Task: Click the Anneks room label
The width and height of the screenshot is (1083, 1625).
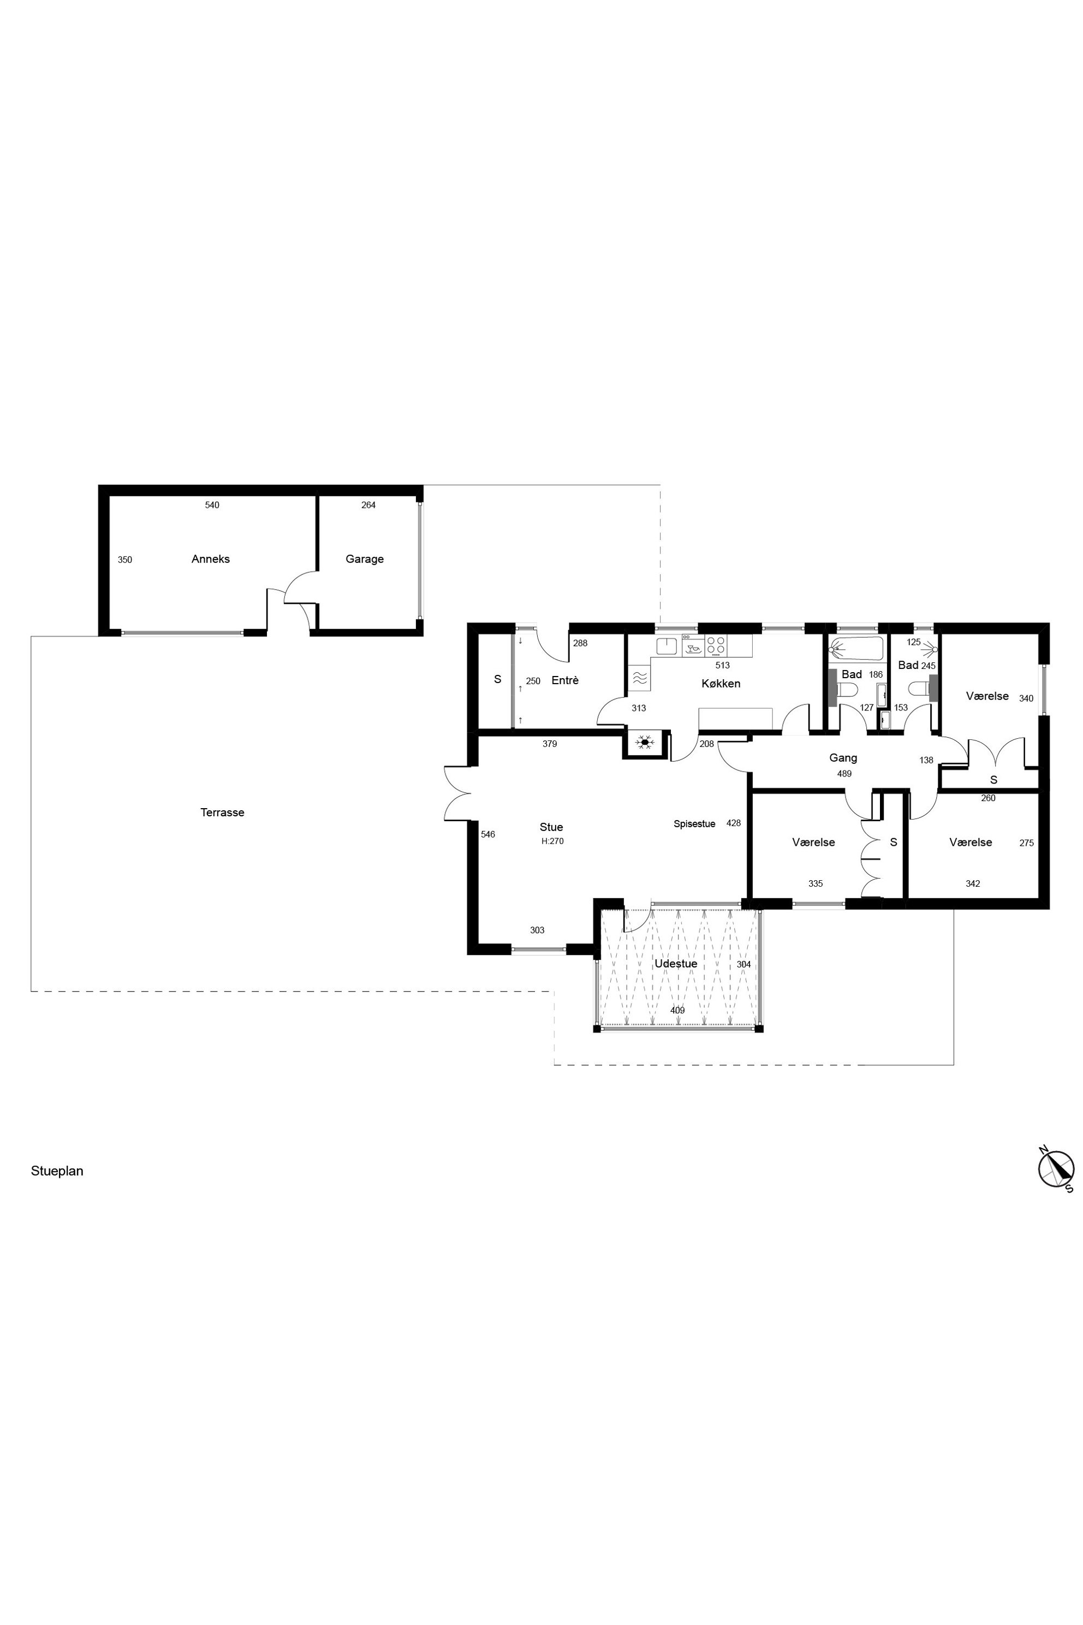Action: (x=211, y=559)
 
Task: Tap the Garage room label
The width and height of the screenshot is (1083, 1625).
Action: (x=365, y=559)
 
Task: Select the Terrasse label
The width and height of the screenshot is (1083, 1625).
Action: (x=222, y=812)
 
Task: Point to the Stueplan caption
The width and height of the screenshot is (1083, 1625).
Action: (x=57, y=1171)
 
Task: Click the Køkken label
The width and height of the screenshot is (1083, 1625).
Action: (x=721, y=683)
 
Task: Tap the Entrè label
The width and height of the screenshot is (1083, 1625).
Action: (x=565, y=680)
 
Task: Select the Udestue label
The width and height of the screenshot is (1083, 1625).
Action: (x=675, y=964)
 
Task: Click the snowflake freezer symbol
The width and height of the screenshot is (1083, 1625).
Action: (x=645, y=743)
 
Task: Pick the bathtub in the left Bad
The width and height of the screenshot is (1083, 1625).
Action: (x=856, y=649)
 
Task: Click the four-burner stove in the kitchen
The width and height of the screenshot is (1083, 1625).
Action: (x=716, y=646)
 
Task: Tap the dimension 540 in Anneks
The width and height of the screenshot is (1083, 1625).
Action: (x=212, y=505)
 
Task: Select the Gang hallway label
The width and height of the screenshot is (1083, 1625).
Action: (x=843, y=758)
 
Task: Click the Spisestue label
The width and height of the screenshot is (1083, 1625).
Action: (x=695, y=823)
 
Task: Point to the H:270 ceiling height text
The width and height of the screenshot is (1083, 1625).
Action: (x=552, y=841)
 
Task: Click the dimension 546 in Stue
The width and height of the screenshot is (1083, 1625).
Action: (x=487, y=834)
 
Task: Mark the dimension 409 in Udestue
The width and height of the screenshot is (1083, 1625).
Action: (x=677, y=1010)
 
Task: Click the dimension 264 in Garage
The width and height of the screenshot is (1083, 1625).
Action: (x=368, y=505)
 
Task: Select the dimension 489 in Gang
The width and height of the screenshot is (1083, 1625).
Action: (x=844, y=774)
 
